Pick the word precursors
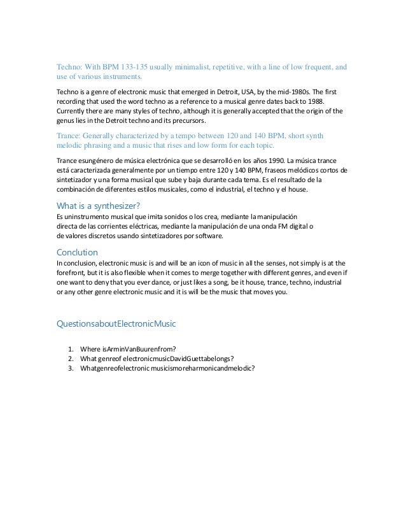pos(187,120)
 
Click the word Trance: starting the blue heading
pos(71,135)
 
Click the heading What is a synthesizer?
pos(99,205)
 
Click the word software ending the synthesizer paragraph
pos(208,236)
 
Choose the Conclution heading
pos(78,252)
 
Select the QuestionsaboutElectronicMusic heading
pos(116,324)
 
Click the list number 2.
pos(69,359)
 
